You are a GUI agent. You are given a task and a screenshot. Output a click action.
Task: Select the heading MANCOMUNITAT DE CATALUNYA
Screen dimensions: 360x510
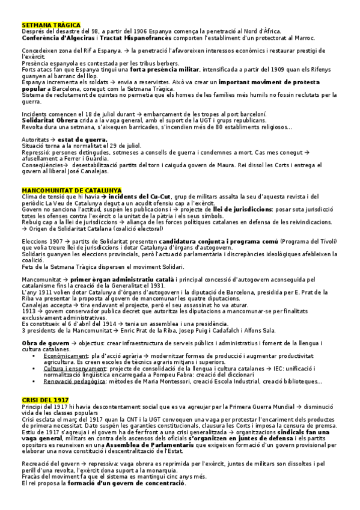tap(71, 191)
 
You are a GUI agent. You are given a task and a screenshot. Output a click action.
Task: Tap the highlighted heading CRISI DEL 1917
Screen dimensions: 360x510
tap(44, 401)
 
